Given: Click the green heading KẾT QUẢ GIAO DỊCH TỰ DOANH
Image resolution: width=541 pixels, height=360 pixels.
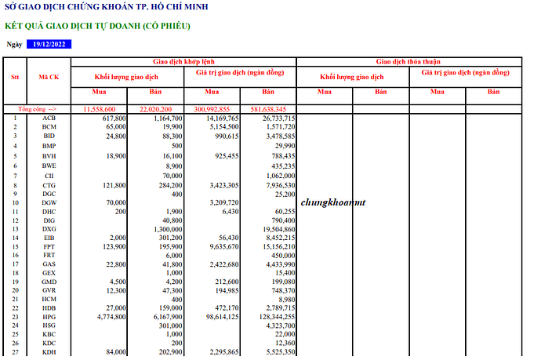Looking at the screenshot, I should pyautogui.click(x=97, y=26).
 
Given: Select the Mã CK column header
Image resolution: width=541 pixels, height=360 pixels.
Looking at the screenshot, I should pyautogui.click(x=49, y=77).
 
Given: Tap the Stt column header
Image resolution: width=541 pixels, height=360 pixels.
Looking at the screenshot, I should pyautogui.click(x=15, y=77).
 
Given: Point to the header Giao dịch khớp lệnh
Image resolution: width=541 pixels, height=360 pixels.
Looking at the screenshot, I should pyautogui.click(x=183, y=60).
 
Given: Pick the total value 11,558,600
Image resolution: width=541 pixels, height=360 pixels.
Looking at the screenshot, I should pyautogui.click(x=100, y=109).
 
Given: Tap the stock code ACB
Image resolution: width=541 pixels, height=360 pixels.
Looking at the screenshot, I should pyautogui.click(x=49, y=118).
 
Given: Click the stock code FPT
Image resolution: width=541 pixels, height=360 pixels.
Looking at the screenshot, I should pyautogui.click(x=49, y=246).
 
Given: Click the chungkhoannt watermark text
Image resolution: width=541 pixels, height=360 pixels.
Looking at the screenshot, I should pyautogui.click(x=333, y=202).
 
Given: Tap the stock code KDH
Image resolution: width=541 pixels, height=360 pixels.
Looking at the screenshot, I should pyautogui.click(x=49, y=352).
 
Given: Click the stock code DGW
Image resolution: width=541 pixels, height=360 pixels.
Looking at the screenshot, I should pyautogui.click(x=49, y=202).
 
